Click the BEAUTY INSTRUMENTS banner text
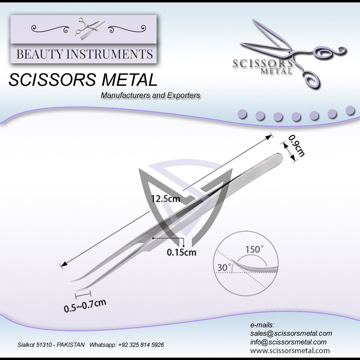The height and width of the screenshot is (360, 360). click(x=85, y=54)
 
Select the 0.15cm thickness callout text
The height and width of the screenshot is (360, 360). click(x=181, y=252)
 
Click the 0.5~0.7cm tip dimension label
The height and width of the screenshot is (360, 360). click(x=85, y=305)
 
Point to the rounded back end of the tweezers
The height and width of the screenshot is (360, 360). click(x=277, y=157)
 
